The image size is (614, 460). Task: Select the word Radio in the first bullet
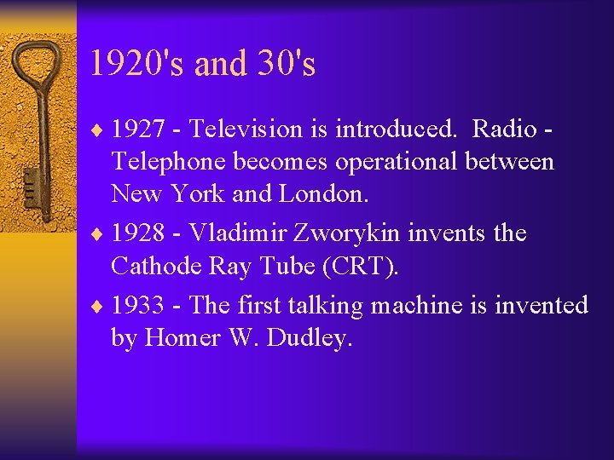[x=503, y=129]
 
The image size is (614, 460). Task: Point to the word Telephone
[x=165, y=162]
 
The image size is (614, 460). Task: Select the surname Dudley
[x=309, y=337]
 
